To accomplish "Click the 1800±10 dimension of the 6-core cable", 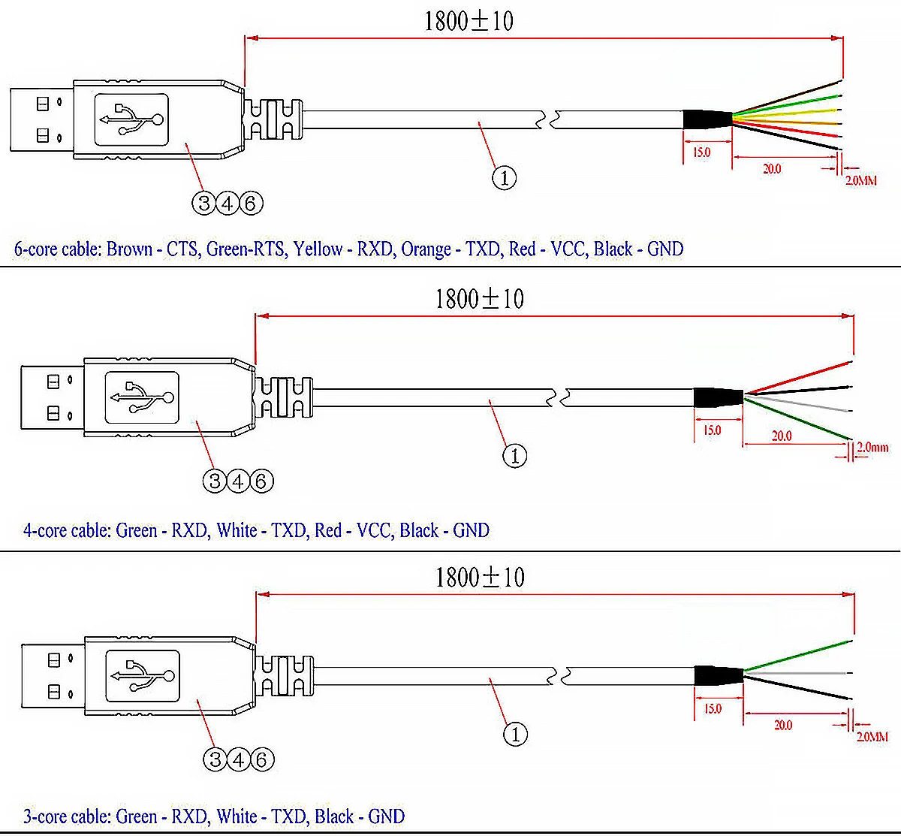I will tap(469, 20).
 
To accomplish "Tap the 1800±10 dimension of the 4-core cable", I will tap(479, 298).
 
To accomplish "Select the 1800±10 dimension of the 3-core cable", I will tap(480, 577).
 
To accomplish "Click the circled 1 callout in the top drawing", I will tap(504, 178).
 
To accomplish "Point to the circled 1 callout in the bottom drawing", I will tap(515, 734).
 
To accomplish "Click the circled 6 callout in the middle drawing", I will tap(261, 481).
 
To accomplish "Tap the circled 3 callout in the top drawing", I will tap(204, 202).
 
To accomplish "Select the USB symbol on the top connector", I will tap(131, 119).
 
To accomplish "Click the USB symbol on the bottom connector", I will tap(143, 676).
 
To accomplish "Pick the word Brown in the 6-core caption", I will tap(129, 249).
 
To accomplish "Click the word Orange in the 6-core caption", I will tap(426, 249).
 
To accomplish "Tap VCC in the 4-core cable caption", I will tap(373, 530).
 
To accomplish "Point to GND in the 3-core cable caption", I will tap(386, 816).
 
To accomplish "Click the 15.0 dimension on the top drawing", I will tap(701, 152).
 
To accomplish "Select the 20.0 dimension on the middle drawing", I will tap(782, 436).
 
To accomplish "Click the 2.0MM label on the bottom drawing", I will tap(872, 737).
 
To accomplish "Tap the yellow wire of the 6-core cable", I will tap(788, 112).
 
